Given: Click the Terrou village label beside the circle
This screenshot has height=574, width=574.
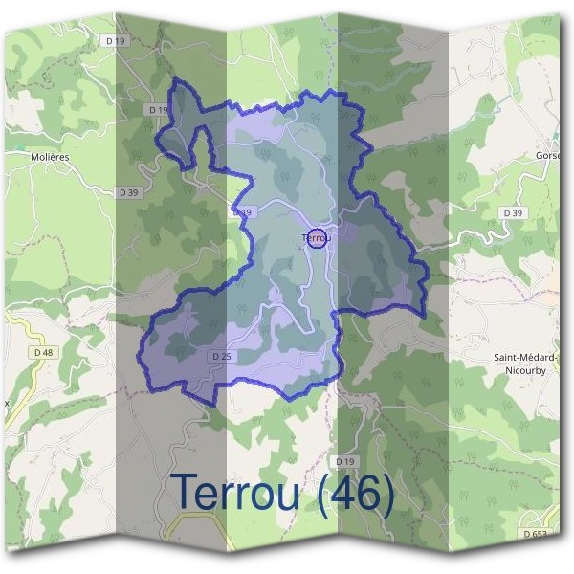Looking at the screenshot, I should (315, 236).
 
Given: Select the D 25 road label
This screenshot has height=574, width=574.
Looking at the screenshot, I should (220, 357).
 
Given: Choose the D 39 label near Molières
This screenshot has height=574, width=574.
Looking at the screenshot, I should (129, 192).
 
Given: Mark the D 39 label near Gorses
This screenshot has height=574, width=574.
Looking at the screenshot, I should (513, 212).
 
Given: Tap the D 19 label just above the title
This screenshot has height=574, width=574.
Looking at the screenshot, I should (345, 461).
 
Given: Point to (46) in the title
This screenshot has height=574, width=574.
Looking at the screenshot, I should (358, 495).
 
